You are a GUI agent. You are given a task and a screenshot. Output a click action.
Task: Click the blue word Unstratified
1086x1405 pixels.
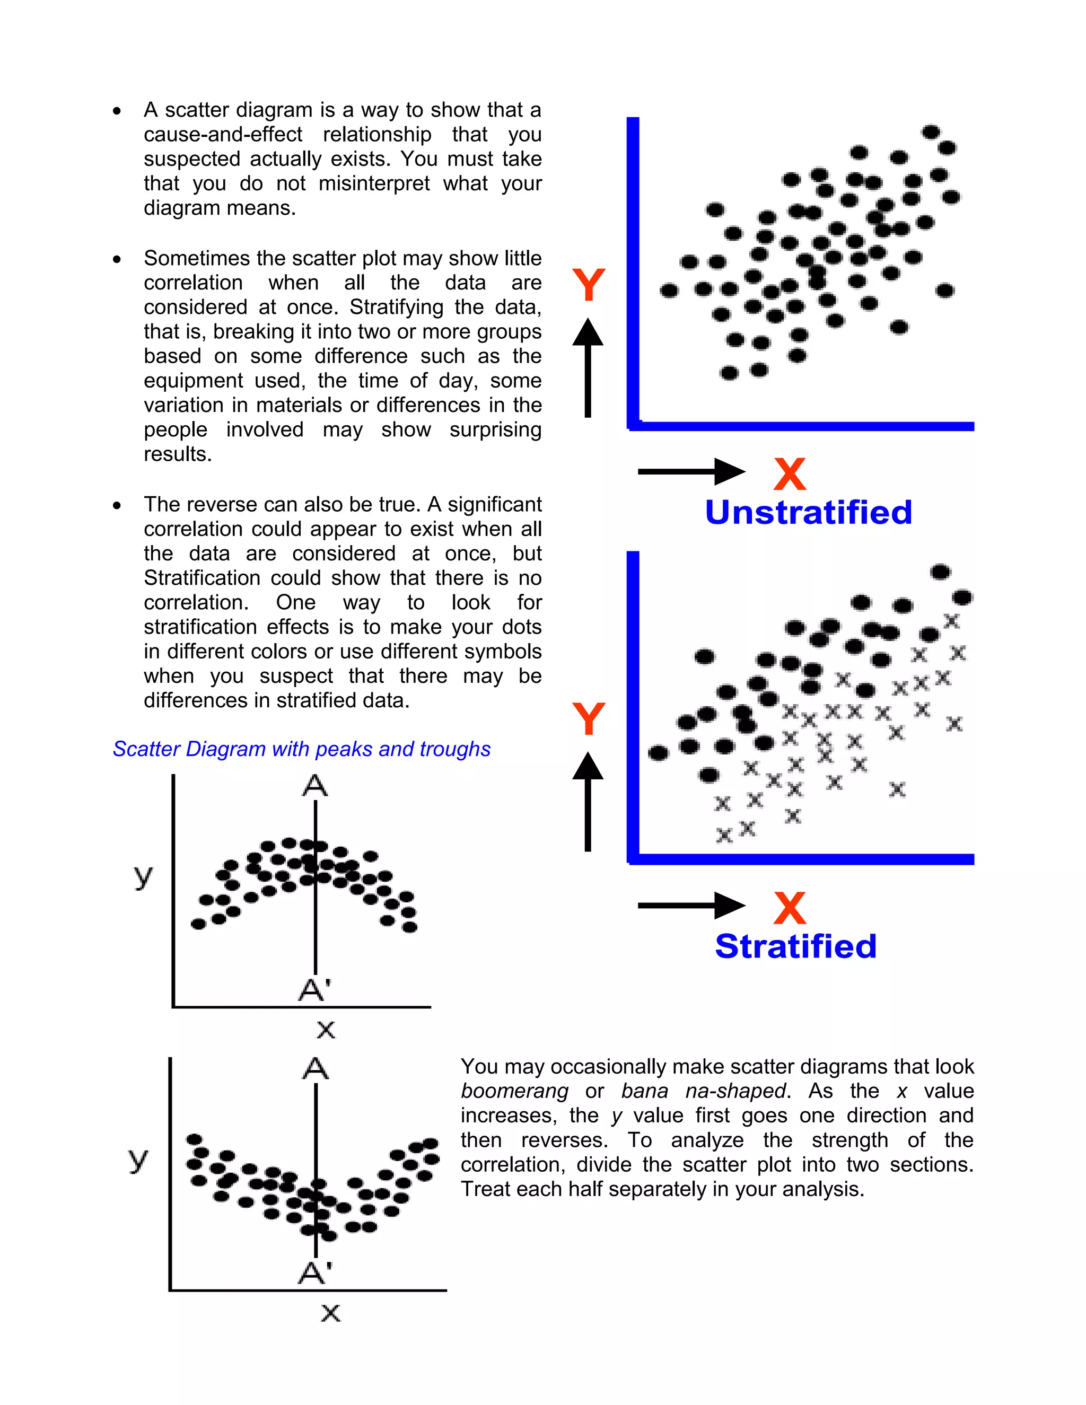pos(808,513)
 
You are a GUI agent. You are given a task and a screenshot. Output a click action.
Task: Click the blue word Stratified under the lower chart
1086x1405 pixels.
pos(796,946)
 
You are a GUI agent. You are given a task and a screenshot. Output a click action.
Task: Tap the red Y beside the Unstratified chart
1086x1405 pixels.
pos(588,285)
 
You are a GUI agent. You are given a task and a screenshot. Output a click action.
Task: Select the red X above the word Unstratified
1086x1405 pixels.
pos(790,474)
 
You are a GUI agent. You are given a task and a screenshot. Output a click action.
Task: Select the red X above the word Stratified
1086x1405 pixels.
pos(790,908)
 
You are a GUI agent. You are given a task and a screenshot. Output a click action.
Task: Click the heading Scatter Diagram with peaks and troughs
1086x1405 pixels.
pos(301,749)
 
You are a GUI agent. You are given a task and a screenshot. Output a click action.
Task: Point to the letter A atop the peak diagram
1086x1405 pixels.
pos(314,786)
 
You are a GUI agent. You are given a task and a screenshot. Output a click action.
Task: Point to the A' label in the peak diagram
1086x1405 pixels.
pos(314,989)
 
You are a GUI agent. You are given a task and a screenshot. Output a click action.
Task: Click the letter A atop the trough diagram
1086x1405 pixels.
pos(316,1069)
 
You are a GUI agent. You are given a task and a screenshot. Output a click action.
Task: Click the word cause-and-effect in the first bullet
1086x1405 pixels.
pos(223,135)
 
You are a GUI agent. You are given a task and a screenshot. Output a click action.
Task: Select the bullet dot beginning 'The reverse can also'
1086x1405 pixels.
pos(117,506)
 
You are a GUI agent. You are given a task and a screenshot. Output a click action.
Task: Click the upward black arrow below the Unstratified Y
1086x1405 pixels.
pos(588,367)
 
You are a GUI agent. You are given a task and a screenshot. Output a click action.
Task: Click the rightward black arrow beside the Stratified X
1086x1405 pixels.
pos(691,905)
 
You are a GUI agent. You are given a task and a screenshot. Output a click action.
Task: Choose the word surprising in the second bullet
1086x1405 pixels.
pos(495,430)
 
